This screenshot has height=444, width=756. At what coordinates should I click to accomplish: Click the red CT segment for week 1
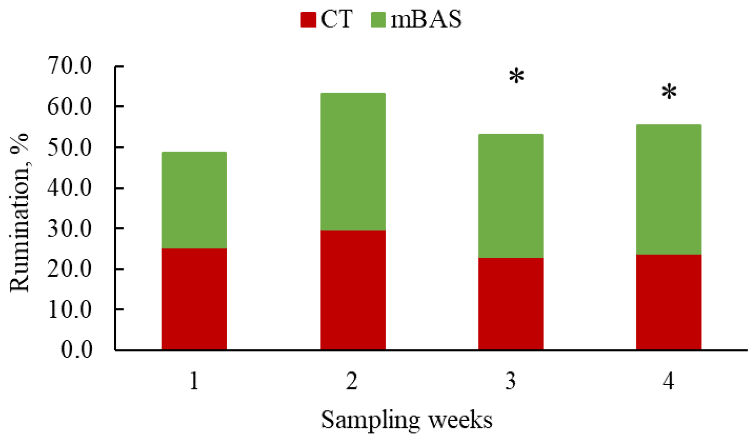pyautogui.click(x=194, y=299)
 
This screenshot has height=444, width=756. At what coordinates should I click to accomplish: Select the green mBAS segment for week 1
pyautogui.click(x=194, y=200)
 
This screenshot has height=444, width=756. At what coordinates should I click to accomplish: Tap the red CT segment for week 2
pyautogui.click(x=353, y=290)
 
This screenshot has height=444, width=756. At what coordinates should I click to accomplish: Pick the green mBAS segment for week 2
pyautogui.click(x=353, y=162)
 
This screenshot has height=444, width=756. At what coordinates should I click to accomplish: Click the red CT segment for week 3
pyautogui.click(x=511, y=303)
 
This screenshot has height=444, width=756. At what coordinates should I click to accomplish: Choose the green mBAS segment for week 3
pyautogui.click(x=511, y=195)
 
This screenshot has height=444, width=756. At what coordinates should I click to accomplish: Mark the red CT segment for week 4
pyautogui.click(x=668, y=302)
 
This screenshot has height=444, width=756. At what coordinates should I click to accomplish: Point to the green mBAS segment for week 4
pyautogui.click(x=668, y=189)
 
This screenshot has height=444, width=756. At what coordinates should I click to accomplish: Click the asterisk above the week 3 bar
pyautogui.click(x=516, y=76)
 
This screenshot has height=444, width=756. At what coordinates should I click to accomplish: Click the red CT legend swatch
pyautogui.click(x=308, y=19)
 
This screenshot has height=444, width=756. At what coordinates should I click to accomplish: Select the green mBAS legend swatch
pyautogui.click(x=378, y=19)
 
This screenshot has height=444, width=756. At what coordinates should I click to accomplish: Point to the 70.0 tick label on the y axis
pyautogui.click(x=70, y=66)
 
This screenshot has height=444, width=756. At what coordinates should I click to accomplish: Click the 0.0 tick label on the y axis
pyautogui.click(x=77, y=350)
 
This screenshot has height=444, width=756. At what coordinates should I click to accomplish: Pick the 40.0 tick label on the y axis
pyautogui.click(x=70, y=188)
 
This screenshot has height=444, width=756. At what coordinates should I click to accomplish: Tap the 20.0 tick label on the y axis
pyautogui.click(x=70, y=269)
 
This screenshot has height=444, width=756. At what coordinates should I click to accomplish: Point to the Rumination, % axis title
pyautogui.click(x=19, y=212)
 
